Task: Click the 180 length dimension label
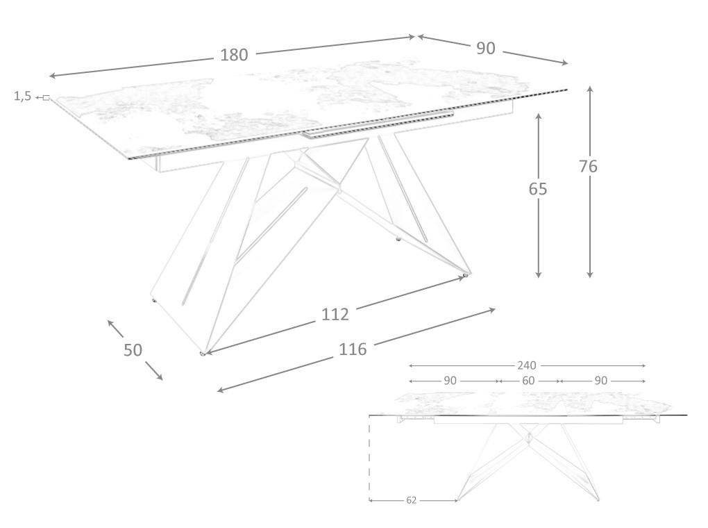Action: tap(234, 55)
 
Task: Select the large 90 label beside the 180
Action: tap(486, 49)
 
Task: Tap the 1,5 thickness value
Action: tap(23, 97)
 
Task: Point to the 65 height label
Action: tap(538, 189)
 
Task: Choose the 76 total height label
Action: tap(589, 166)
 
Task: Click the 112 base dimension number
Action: tap(335, 314)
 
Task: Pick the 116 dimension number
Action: tap(353, 349)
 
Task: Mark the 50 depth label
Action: tap(133, 350)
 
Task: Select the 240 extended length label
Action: tap(526, 365)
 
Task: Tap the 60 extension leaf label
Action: tap(528, 381)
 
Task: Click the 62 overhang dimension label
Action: tap(412, 500)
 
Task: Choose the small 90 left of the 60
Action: tap(450, 381)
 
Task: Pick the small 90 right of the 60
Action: tap(601, 381)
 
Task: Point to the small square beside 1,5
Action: tap(46, 97)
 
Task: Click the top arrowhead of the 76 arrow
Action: tap(590, 89)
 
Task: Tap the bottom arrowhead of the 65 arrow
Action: tap(538, 274)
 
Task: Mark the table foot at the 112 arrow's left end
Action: tap(203, 354)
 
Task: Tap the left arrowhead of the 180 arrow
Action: tap(52, 76)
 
